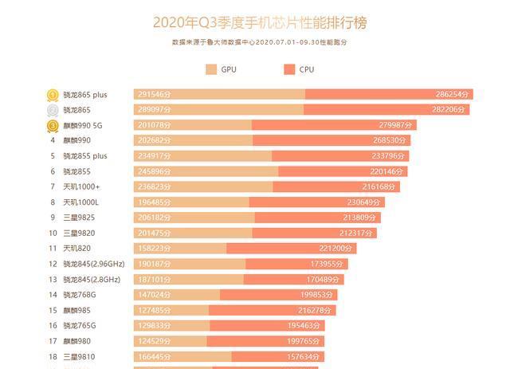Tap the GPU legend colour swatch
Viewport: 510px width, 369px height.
211,69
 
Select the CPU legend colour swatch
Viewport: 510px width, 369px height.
288,69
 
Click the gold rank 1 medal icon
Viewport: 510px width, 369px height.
52,95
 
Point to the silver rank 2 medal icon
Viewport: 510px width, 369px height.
52,110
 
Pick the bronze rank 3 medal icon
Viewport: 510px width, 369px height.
52,125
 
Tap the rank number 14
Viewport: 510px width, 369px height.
52,294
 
